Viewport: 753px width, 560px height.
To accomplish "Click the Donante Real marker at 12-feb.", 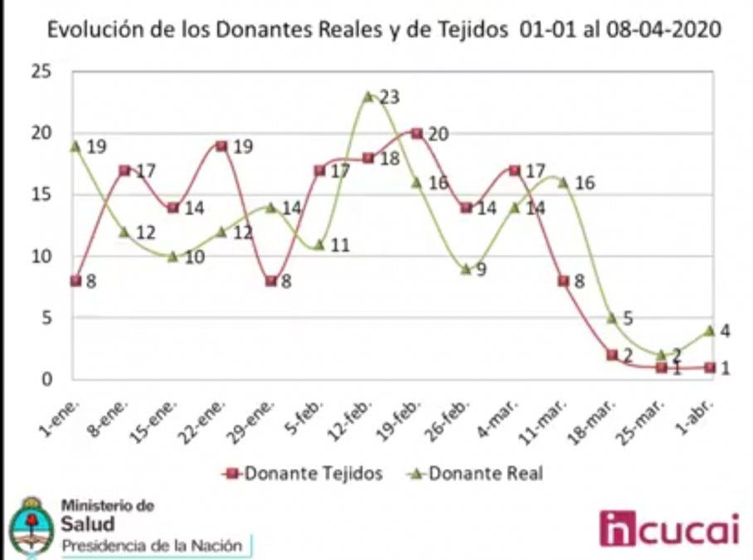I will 368,97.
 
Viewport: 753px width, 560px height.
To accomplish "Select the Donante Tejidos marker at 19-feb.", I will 417,133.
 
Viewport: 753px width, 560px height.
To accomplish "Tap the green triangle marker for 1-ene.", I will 75,146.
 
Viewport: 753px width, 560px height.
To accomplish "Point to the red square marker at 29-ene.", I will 270,280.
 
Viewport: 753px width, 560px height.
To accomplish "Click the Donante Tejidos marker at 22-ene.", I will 221,146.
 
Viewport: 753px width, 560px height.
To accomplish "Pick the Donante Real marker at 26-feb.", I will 466,269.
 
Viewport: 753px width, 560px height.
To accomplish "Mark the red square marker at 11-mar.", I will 563,281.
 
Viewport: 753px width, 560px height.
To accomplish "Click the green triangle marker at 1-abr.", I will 710,330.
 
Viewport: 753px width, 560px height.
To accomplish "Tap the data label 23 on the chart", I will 389,98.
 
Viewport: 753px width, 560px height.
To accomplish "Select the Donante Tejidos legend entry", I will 304,474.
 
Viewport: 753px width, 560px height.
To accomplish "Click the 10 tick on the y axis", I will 43,256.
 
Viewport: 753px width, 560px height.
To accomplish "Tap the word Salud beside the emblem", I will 87,523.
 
